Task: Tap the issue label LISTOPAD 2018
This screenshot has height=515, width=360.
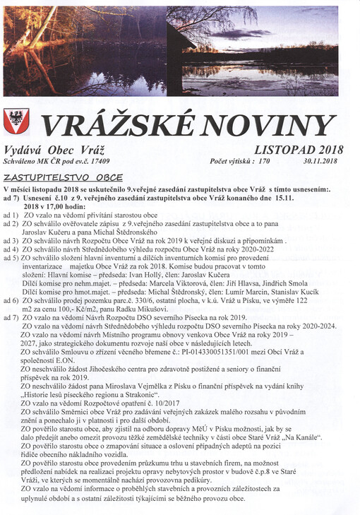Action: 299,149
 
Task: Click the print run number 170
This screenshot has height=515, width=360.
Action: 264,162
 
